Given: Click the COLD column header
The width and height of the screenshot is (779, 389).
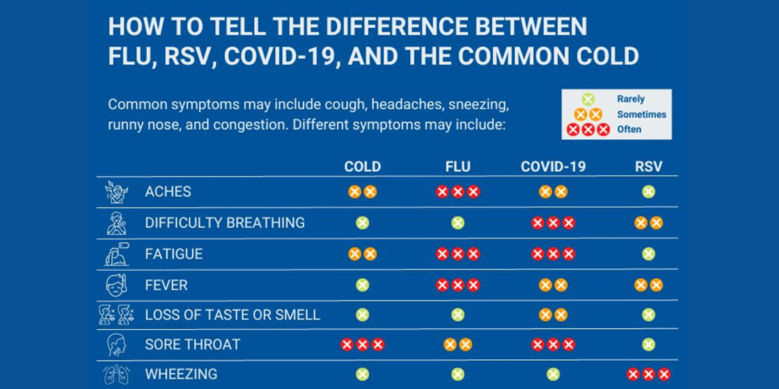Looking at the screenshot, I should click(362, 166).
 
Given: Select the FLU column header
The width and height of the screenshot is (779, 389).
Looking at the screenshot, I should click(457, 166).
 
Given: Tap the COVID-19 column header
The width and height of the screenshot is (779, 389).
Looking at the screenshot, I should click(553, 166).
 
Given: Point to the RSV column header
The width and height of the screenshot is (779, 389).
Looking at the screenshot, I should click(648, 166).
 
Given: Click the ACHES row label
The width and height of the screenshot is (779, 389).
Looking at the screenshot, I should click(168, 191).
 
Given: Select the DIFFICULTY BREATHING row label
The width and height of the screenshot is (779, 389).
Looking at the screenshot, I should click(225, 223).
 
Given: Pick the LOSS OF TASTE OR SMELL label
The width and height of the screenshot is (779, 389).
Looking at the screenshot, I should click(233, 315).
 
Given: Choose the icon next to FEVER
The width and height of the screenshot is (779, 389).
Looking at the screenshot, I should click(116, 285).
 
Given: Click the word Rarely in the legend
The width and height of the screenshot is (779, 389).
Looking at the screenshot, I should click(631, 99).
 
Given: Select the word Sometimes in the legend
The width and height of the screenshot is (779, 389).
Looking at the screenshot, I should click(641, 114).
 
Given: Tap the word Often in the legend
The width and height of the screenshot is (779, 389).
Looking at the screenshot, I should click(629, 129).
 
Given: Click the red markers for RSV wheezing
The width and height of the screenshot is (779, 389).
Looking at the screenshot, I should click(648, 375).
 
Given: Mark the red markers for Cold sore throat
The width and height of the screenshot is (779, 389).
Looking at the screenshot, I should click(362, 344).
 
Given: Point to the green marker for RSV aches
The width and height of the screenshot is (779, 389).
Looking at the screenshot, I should click(648, 191).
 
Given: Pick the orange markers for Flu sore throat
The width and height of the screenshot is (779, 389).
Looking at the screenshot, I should click(457, 344).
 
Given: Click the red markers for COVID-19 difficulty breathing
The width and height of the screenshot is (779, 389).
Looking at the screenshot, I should click(553, 223).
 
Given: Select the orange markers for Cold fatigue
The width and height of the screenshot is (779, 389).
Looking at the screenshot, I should click(362, 254).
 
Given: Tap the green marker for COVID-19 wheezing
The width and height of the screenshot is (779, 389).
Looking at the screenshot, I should click(553, 375).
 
